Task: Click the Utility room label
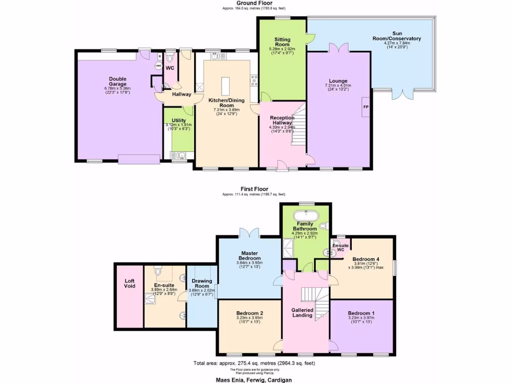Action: click(x=179, y=120)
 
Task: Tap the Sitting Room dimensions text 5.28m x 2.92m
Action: click(x=282, y=49)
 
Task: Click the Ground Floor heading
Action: click(x=254, y=3)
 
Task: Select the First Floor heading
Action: click(x=254, y=189)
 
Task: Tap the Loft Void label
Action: click(x=129, y=283)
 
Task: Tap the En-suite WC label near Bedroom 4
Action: click(x=340, y=248)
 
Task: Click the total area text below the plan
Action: click(x=254, y=363)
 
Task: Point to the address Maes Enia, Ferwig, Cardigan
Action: click(x=254, y=379)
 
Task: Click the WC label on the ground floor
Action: click(x=169, y=68)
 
